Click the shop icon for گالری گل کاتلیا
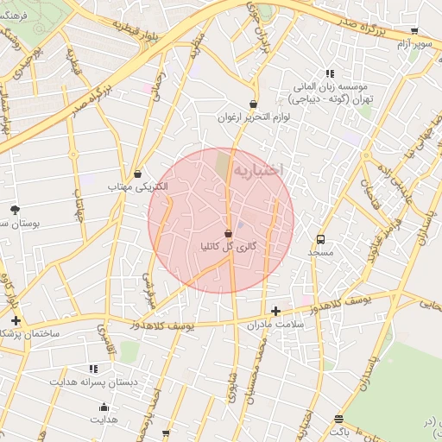228,233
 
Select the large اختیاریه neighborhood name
258,170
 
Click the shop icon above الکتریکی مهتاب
139,174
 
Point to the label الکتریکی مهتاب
139,186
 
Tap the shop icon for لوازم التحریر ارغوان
226,103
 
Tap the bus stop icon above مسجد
321,239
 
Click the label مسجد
321,252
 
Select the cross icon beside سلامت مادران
275,311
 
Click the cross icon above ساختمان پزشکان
16,320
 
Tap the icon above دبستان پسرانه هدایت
94,369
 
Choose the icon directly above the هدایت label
104,407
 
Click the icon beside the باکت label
338,420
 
